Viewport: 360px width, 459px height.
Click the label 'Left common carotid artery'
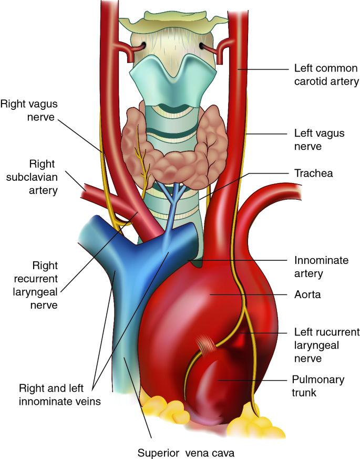[x=326, y=75]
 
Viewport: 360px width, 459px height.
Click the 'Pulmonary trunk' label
[x=318, y=386]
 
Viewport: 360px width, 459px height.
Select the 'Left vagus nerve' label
[x=319, y=140]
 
